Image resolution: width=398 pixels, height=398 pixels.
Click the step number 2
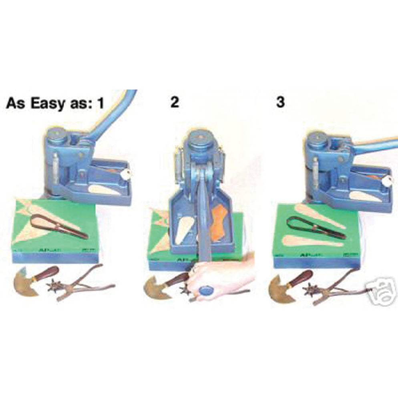click(174, 102)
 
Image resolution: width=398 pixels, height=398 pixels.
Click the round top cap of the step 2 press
click(199, 142)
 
